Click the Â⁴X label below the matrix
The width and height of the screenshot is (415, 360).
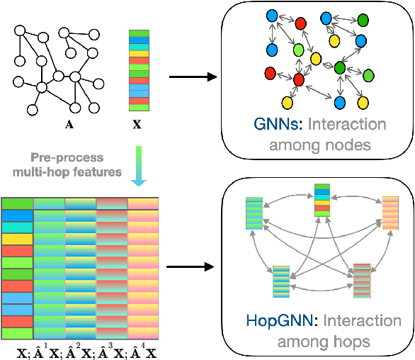pyautogui.click(x=146, y=351)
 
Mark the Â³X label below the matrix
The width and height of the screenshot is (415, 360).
pyautogui.click(x=113, y=351)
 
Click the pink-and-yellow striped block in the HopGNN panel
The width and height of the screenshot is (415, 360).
pyautogui.click(x=391, y=213)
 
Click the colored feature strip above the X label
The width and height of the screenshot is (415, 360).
pyautogui.click(x=139, y=71)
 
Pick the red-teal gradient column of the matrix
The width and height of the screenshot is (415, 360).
pyautogui.click(x=111, y=269)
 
